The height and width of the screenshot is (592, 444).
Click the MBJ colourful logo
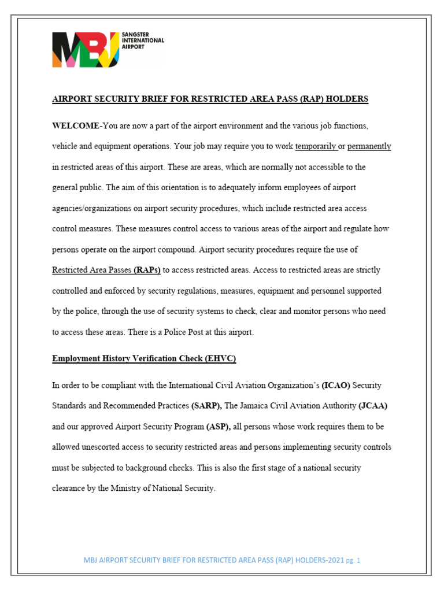(x=85, y=50)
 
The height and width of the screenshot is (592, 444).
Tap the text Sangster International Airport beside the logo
(x=144, y=40)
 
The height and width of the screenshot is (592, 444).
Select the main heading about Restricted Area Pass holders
(x=210, y=99)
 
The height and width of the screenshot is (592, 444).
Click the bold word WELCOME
(x=76, y=125)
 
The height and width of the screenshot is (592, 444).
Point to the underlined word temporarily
(x=316, y=146)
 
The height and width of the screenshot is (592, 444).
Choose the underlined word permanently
(x=369, y=146)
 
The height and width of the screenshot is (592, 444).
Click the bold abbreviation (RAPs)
(x=147, y=270)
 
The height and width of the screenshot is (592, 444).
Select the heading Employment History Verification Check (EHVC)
(x=144, y=358)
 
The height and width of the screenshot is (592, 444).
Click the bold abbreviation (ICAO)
(x=335, y=385)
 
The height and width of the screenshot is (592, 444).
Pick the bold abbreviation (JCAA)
(x=373, y=406)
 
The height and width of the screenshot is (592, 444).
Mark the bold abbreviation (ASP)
(x=219, y=427)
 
